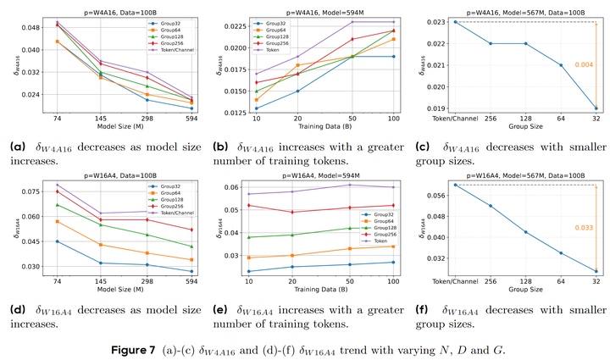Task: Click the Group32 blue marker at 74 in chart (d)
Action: click(x=58, y=241)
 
